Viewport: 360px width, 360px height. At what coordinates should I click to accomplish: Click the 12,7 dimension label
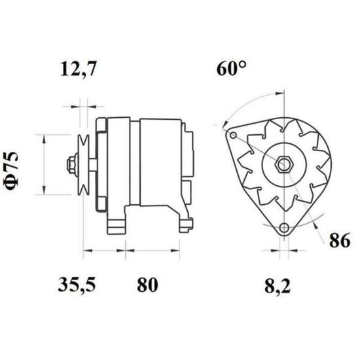78,69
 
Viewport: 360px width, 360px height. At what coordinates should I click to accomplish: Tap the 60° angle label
232,69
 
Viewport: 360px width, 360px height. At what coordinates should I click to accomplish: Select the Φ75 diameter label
11,171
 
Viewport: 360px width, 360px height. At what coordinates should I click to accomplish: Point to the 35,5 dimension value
77,285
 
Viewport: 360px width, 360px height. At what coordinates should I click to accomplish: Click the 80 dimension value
147,285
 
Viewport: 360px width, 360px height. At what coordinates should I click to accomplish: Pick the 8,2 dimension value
278,286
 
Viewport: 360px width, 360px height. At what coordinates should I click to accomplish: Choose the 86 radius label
340,240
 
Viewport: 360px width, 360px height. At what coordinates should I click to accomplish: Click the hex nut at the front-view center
284,164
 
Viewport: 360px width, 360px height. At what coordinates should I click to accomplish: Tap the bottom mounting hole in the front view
284,228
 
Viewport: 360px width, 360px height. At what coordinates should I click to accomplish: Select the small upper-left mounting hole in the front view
233,135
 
